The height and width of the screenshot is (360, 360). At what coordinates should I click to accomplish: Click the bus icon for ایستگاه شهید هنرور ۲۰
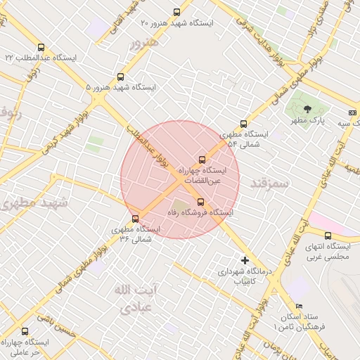tap(176, 12)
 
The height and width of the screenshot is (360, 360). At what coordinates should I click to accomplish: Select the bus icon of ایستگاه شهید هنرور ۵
tap(120, 77)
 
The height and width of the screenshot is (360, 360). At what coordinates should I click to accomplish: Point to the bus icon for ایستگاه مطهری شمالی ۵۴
tap(243, 124)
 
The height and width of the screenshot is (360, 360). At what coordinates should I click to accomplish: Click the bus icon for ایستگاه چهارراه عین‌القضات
tap(202, 160)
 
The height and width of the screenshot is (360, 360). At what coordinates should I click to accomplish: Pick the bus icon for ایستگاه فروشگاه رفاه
tap(200, 202)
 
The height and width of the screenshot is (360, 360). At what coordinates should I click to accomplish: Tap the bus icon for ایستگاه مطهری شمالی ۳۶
tap(136, 219)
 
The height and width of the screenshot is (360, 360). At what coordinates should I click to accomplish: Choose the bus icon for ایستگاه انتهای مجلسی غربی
tap(328, 236)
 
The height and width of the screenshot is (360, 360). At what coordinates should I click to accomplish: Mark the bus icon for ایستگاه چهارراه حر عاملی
tap(25, 331)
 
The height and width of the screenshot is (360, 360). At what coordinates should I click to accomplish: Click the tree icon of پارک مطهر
tap(307, 108)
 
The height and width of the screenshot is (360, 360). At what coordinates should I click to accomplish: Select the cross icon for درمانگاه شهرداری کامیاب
tap(245, 260)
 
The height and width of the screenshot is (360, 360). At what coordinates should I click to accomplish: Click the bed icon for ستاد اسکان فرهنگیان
tap(300, 307)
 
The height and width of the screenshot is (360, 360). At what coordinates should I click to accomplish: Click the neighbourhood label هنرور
tap(144, 43)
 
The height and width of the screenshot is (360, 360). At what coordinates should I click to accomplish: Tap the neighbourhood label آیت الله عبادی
tap(134, 299)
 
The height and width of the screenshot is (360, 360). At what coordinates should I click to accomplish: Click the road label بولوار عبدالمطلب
tap(150, 145)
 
